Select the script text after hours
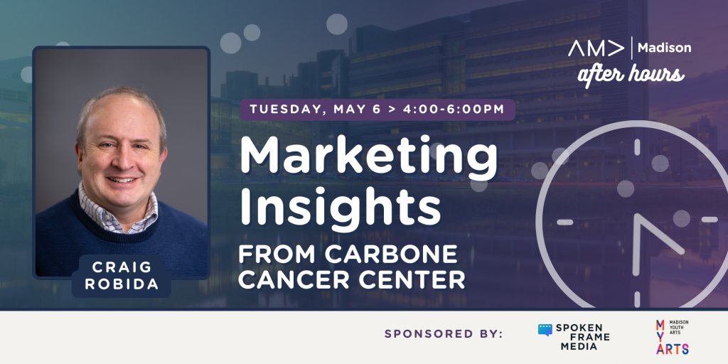tap(631, 74)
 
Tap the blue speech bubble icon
tap(545, 330)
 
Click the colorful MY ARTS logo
tap(672, 337)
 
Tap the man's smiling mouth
tap(122, 180)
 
